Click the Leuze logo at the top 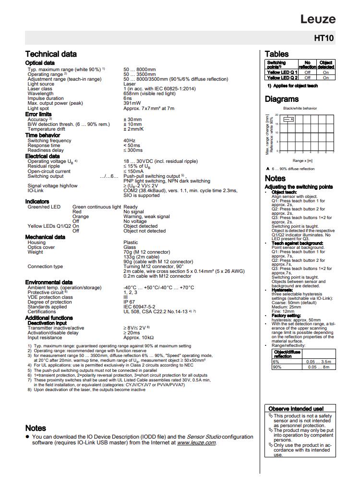(318, 19)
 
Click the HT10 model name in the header (324, 37)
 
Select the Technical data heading (50, 54)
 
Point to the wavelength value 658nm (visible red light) (150, 94)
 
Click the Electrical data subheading (43, 156)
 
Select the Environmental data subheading (49, 282)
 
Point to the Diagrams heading (282, 99)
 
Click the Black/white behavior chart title (300, 109)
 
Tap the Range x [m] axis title (302, 160)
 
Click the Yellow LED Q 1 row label (282, 72)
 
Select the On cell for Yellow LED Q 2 (326, 77)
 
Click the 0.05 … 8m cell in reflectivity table (319, 367)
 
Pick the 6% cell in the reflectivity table (276, 361)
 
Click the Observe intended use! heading (296, 409)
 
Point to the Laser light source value (130, 84)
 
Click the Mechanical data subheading (45, 237)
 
